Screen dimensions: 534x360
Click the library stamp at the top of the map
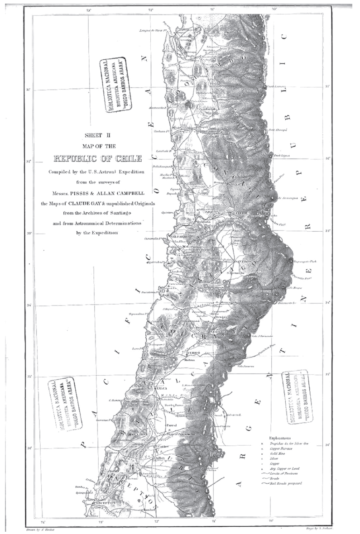click(116, 84)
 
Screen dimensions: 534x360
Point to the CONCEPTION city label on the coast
click(106, 503)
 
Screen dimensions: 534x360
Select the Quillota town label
click(196, 221)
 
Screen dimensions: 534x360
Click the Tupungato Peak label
click(306, 262)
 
